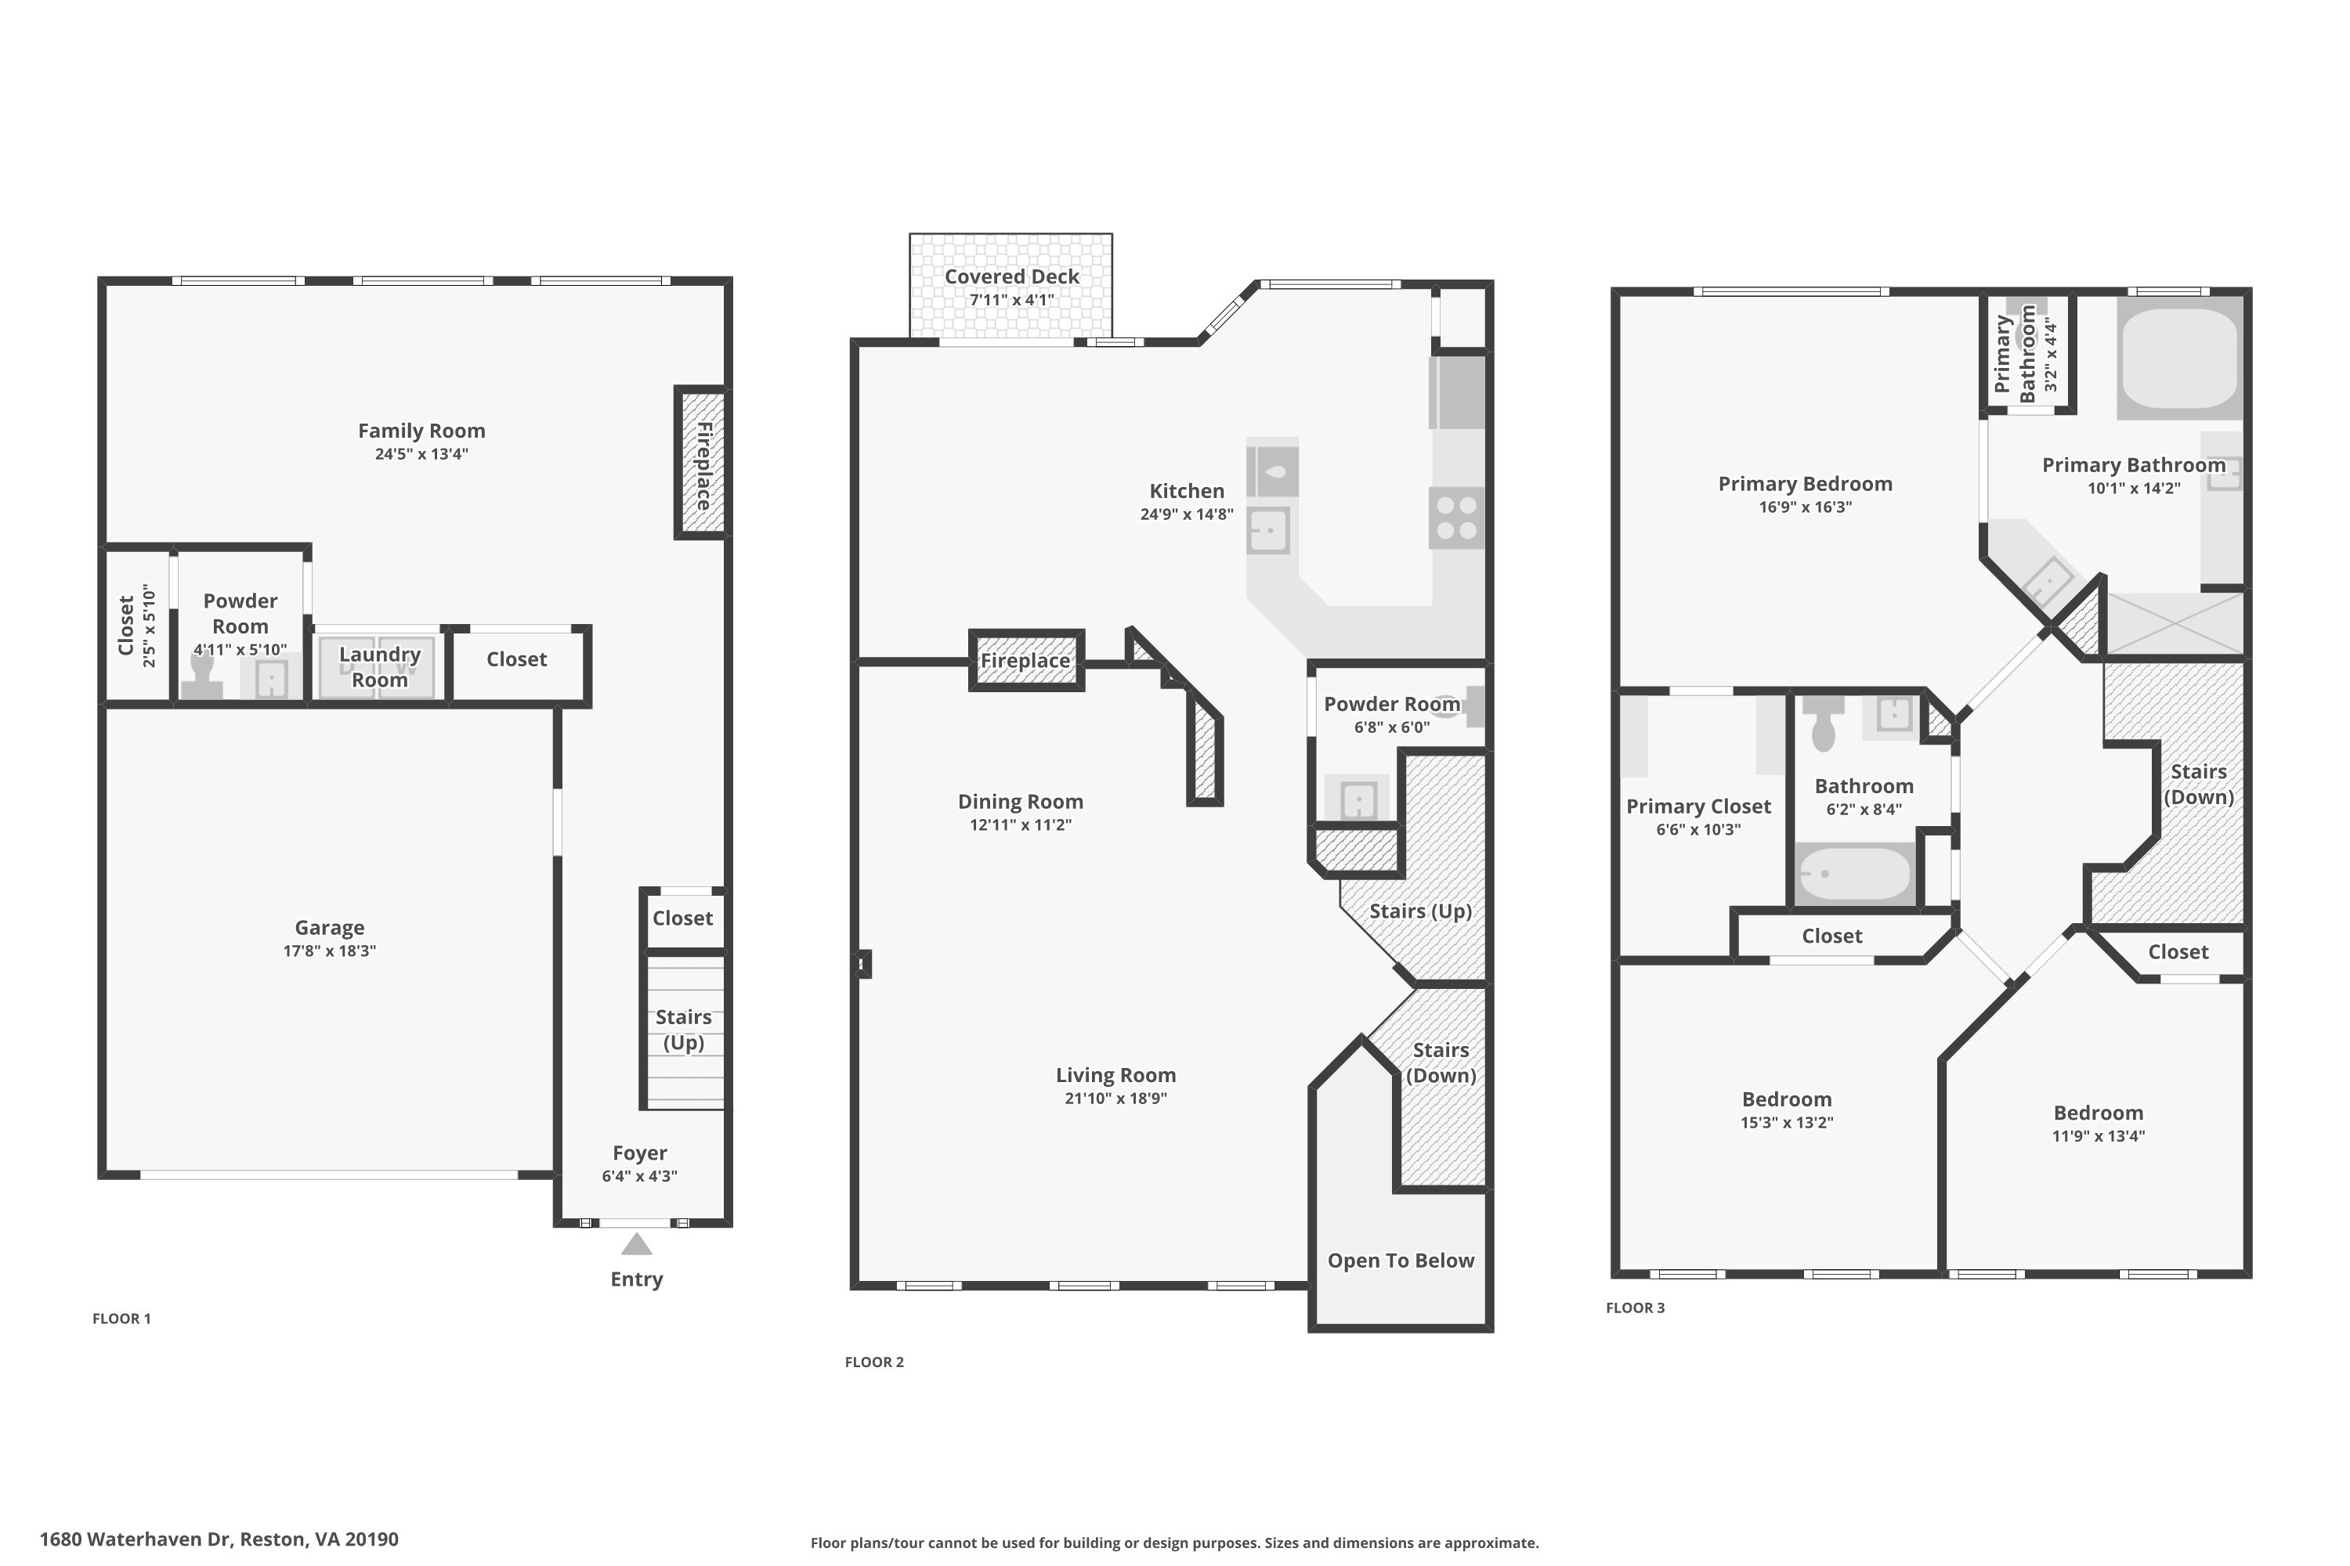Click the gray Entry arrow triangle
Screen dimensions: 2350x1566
tap(636, 1244)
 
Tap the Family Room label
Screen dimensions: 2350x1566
tap(421, 431)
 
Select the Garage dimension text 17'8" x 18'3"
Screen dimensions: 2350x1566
tap(330, 951)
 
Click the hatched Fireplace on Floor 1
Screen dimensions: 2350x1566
tap(703, 464)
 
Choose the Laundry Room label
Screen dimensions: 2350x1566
tap(380, 667)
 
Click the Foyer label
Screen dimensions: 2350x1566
tap(639, 1153)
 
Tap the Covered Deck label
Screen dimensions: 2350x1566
tap(1012, 276)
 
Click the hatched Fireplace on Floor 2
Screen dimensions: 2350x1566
tap(1026, 660)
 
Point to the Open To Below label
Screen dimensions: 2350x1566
tap(1401, 1261)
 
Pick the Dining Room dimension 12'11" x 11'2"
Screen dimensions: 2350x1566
tap(1020, 825)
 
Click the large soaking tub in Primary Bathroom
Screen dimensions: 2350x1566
tap(2179, 359)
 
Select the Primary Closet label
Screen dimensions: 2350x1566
tap(1698, 806)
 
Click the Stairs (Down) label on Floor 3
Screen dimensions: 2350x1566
tap(2198, 784)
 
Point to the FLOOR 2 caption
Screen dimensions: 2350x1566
tap(874, 1362)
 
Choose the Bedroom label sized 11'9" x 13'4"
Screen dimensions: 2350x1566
tap(2099, 1113)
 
